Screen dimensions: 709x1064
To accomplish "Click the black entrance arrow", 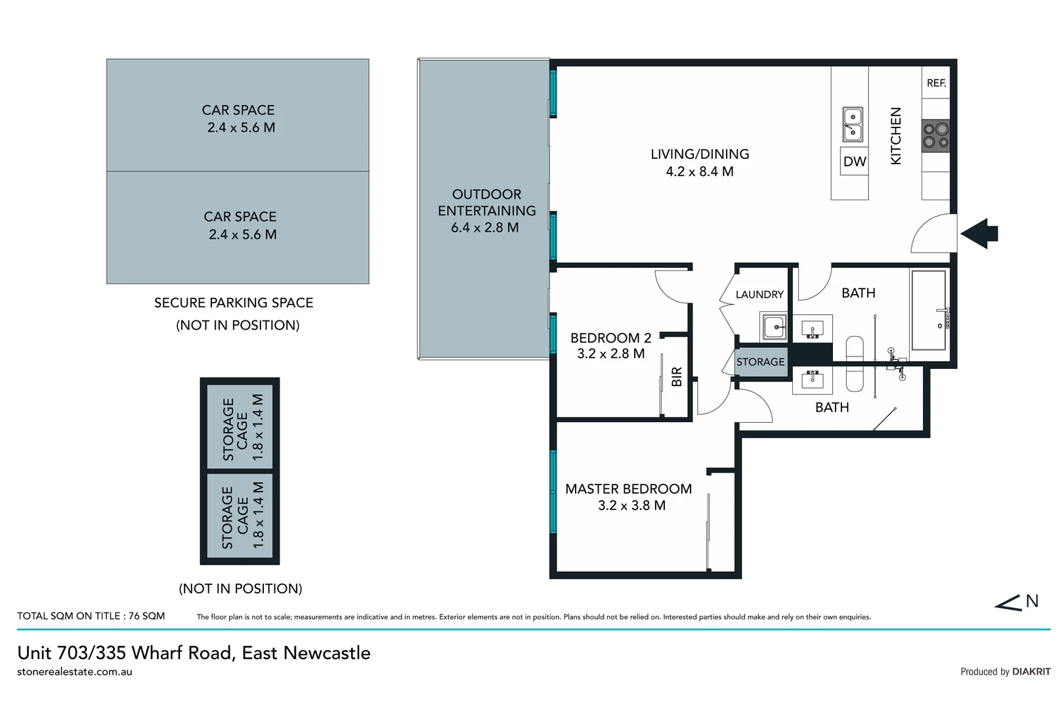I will [x=980, y=233].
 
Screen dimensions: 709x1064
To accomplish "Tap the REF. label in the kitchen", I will [x=936, y=83].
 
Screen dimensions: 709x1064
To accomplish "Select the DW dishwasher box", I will [x=855, y=161].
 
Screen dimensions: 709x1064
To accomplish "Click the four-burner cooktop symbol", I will [x=935, y=136].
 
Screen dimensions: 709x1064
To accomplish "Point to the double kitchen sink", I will [x=852, y=124].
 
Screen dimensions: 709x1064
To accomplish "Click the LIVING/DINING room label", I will [x=700, y=154].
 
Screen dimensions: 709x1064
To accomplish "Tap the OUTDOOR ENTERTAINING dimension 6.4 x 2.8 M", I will [x=484, y=228].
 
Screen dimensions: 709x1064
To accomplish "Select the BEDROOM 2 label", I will [x=610, y=338].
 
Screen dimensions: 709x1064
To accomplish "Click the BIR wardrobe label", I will [x=677, y=376].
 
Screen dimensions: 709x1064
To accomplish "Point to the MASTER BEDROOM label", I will [x=628, y=489].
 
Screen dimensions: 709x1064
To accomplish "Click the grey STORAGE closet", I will [x=761, y=362].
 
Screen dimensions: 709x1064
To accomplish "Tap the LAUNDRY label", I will [x=759, y=295].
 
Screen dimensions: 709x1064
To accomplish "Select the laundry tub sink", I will [x=773, y=326].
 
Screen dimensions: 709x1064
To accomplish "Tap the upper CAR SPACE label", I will [x=238, y=110].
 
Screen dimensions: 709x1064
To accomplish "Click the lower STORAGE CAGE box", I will [x=240, y=516].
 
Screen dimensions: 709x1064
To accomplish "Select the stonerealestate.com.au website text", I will [x=75, y=672].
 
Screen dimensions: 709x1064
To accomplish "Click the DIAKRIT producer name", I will [x=1031, y=672].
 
